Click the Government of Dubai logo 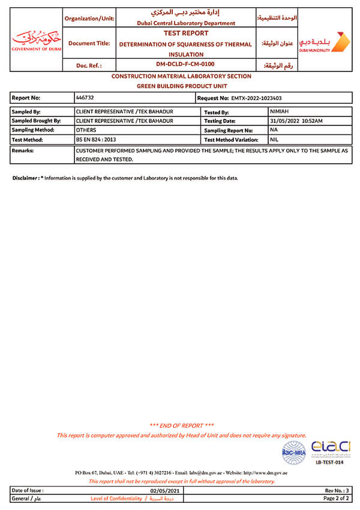36,40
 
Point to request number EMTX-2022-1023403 256,97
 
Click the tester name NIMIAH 280,112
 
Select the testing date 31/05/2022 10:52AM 296,121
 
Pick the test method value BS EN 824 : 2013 96,139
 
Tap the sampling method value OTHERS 86,130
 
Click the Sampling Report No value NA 274,130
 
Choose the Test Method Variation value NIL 275,139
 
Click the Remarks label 23,151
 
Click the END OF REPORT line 181,425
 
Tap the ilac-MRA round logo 293,453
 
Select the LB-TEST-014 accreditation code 329,462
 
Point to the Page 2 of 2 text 337,498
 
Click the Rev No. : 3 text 337,490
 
